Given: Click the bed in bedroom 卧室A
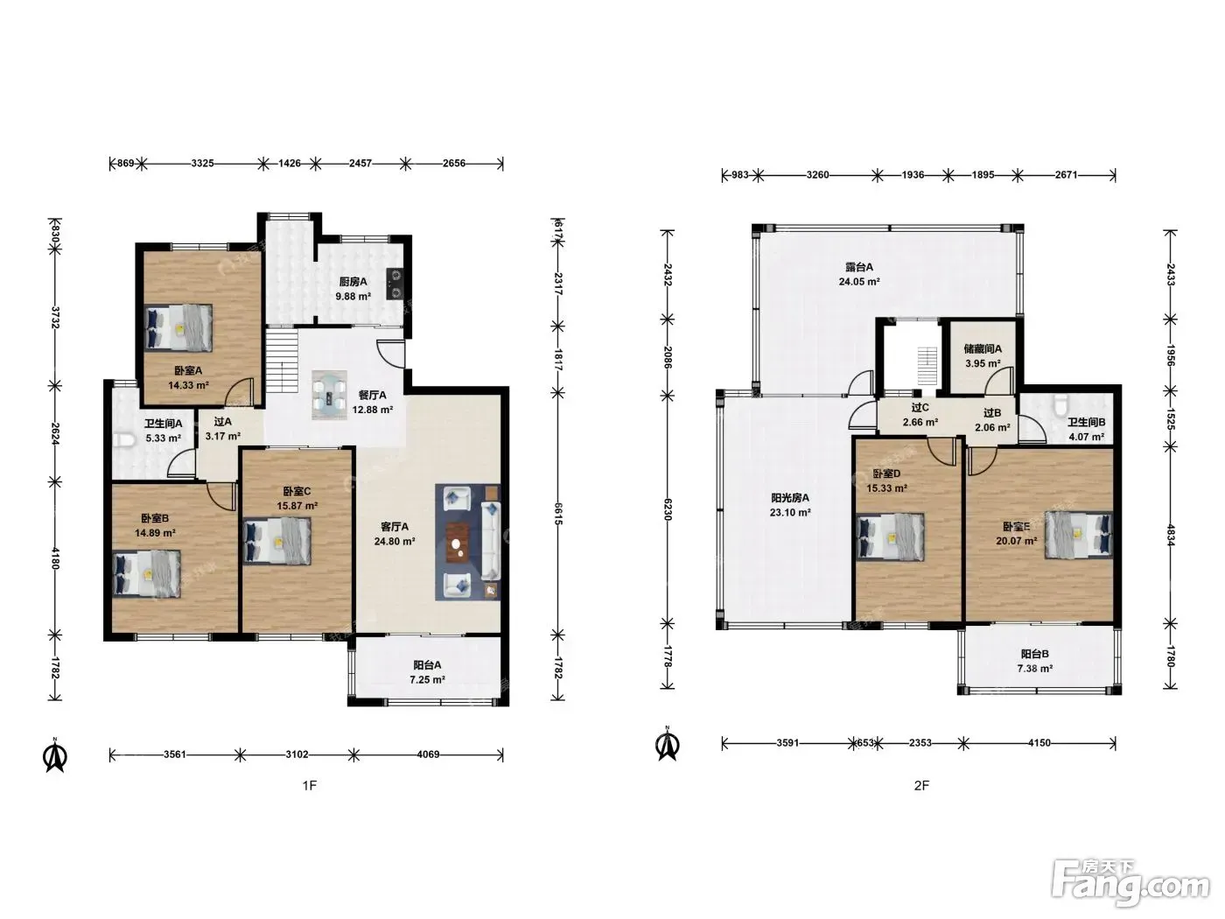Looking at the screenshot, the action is coord(178,327).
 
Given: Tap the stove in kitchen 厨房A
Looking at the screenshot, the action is coord(395,284).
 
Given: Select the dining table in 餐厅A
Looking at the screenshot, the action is coord(329,395).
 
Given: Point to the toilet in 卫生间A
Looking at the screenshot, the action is coord(123,441).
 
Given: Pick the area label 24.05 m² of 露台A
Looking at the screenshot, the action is coord(859,282).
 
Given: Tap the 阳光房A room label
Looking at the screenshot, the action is coord(790,498).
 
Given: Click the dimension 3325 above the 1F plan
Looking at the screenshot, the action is coord(202,164).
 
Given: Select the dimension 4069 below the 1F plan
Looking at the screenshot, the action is coord(428,754).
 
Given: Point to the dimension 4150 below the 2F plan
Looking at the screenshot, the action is coord(1039,743).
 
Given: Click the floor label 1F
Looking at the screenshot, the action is coord(310,786).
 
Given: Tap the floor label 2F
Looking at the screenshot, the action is coord(922,786).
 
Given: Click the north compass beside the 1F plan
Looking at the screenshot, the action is coord(55,756).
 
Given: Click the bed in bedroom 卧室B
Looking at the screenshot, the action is coord(146,573).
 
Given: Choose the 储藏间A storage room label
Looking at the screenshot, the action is coord(983,348).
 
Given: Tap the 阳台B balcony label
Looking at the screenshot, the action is coord(1035,654).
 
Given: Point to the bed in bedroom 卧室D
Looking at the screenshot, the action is coord(890,537).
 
